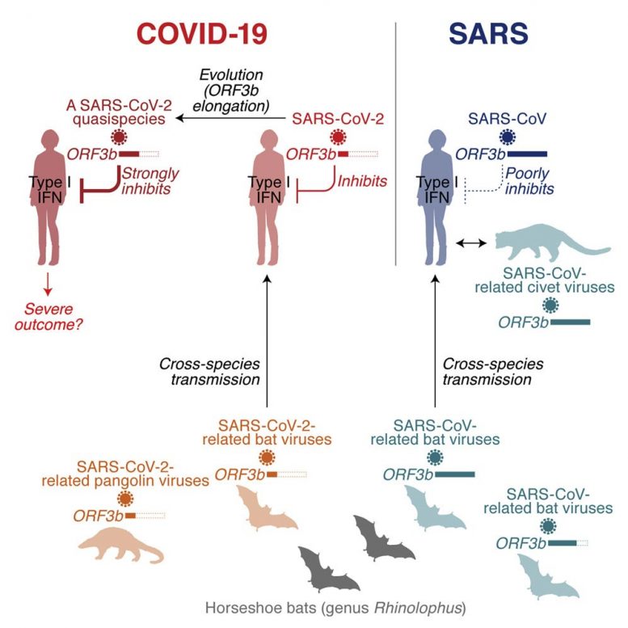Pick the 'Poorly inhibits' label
[529, 181]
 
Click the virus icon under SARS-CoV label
[509, 137]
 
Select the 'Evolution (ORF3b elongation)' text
[234, 90]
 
